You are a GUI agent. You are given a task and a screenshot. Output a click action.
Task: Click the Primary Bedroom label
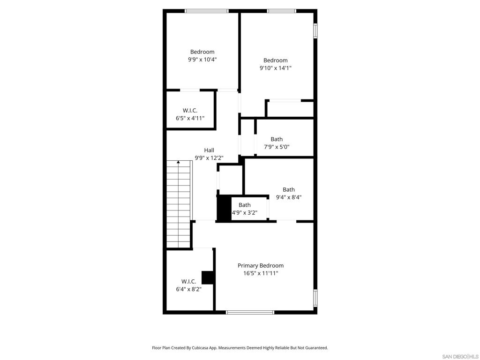pyautogui.click(x=261, y=266)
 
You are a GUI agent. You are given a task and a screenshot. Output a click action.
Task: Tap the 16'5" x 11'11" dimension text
pyautogui.click(x=261, y=273)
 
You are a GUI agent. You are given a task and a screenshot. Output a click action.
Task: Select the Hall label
pyautogui.click(x=209, y=150)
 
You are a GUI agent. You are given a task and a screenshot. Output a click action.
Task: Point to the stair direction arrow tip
pyautogui.click(x=178, y=161)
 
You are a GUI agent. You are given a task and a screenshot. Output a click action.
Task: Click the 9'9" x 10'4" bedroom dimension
pyautogui.click(x=202, y=60)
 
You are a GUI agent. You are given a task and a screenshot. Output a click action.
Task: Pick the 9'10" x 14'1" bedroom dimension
pyautogui.click(x=276, y=68)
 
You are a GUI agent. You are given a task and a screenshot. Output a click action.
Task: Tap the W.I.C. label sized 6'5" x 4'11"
pyautogui.click(x=190, y=111)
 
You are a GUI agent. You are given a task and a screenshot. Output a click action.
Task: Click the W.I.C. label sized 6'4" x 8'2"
pyautogui.click(x=188, y=282)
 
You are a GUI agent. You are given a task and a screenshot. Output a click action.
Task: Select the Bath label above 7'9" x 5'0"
pyautogui.click(x=277, y=139)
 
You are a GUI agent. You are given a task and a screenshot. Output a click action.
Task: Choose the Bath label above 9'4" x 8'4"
pyautogui.click(x=289, y=190)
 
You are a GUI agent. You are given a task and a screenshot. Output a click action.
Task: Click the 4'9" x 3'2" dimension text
pyautogui.click(x=245, y=213)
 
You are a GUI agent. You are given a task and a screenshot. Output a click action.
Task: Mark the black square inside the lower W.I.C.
pyautogui.click(x=207, y=277)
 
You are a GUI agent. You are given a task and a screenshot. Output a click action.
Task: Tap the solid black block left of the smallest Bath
pyautogui.click(x=224, y=208)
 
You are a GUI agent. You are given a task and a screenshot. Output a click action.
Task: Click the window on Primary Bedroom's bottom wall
pyautogui.click(x=250, y=312)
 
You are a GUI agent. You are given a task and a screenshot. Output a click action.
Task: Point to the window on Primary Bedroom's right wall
pyautogui.click(x=315, y=298)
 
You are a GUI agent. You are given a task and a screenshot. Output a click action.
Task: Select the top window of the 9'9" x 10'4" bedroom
pyautogui.click(x=207, y=11)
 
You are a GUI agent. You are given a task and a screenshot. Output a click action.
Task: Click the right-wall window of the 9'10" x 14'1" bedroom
pyautogui.click(x=315, y=31)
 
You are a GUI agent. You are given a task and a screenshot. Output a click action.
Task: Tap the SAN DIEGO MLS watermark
pyautogui.click(x=460, y=357)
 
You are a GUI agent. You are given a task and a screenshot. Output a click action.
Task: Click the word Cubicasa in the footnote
pyautogui.click(x=201, y=348)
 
